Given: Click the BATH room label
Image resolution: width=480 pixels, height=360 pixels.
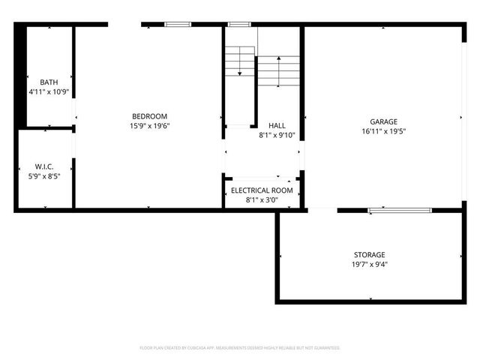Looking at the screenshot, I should click(49, 82).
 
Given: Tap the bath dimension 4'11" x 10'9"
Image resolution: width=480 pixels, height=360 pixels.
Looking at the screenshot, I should click(49, 91).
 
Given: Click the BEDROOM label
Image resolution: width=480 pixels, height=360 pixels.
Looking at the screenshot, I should click(149, 116).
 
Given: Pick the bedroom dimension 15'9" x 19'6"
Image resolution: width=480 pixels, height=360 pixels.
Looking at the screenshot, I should click(149, 126).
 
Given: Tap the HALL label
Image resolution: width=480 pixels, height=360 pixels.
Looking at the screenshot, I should click(277, 126).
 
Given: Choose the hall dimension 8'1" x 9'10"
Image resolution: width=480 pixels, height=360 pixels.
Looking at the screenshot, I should click(277, 136).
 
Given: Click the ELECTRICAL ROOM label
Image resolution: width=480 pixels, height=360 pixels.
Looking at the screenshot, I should click(262, 190).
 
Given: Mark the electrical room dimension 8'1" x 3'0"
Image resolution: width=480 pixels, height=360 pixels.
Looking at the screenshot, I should click(262, 200).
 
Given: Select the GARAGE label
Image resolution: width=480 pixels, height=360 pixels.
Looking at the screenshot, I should click(383, 121).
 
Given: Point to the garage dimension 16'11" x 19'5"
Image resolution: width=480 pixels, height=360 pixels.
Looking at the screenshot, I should click(383, 131).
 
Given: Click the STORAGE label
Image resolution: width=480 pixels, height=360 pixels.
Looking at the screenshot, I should click(370, 255).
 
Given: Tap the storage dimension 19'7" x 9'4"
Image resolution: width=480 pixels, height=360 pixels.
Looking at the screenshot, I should click(370, 264).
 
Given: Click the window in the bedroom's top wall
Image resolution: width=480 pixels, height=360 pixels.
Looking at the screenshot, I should click(178, 25).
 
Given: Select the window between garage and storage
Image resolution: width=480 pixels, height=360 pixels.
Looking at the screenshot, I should click(399, 211).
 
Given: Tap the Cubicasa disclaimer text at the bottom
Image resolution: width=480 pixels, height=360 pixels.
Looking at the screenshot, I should click(240, 348).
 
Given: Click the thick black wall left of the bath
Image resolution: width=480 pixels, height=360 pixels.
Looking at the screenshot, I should click(21, 75).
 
